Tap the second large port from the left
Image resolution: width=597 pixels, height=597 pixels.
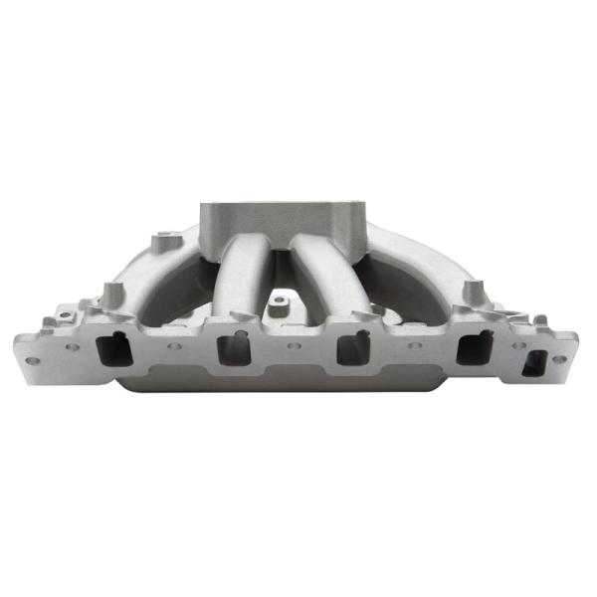click(229, 350)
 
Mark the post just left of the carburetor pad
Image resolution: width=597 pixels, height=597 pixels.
click(161, 244)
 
